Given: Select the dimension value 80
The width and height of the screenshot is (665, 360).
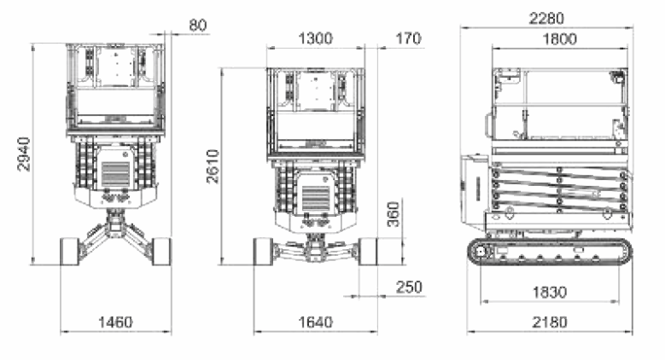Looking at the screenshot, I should pos(197,25).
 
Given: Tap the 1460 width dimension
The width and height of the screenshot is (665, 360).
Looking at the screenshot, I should pos(115,322).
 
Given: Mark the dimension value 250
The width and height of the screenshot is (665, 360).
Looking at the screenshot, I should pos(409,287).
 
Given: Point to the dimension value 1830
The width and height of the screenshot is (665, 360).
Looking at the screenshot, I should pos(549,292).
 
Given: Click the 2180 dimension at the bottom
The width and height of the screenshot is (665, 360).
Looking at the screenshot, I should pos(549,322).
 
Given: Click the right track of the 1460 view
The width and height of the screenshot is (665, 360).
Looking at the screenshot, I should pos(162,251).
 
